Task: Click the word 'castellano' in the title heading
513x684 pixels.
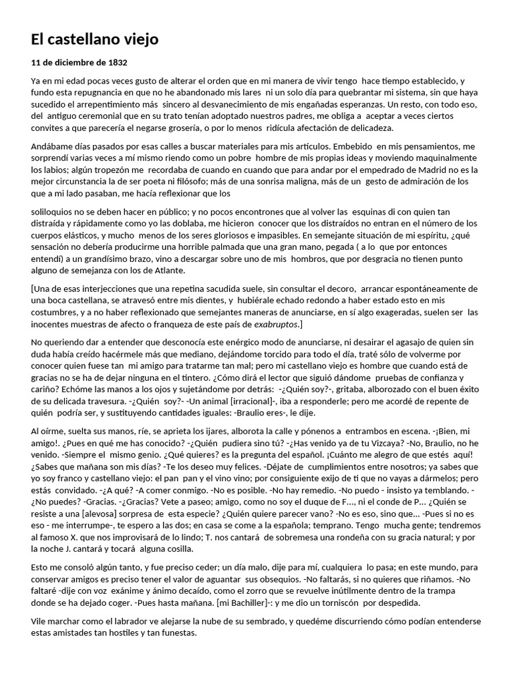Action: click(83, 39)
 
